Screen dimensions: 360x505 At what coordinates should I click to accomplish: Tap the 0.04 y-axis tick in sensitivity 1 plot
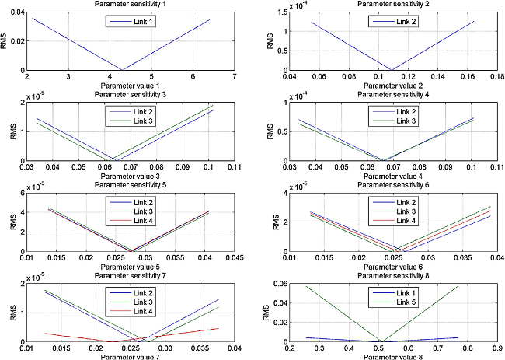coord(17,10)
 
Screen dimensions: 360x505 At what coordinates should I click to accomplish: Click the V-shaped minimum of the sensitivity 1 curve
coord(123,69)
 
